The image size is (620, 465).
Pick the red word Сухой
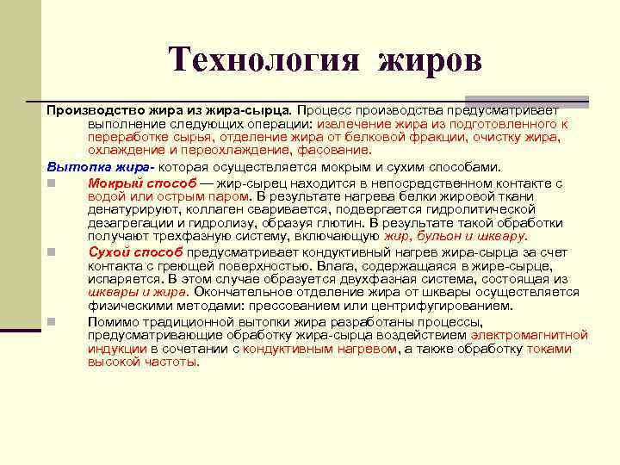coord(112,251)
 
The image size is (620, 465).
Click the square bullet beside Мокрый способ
coord(52,183)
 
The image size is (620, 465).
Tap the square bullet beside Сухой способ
coord(52,251)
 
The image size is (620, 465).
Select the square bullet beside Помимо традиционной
coord(52,321)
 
